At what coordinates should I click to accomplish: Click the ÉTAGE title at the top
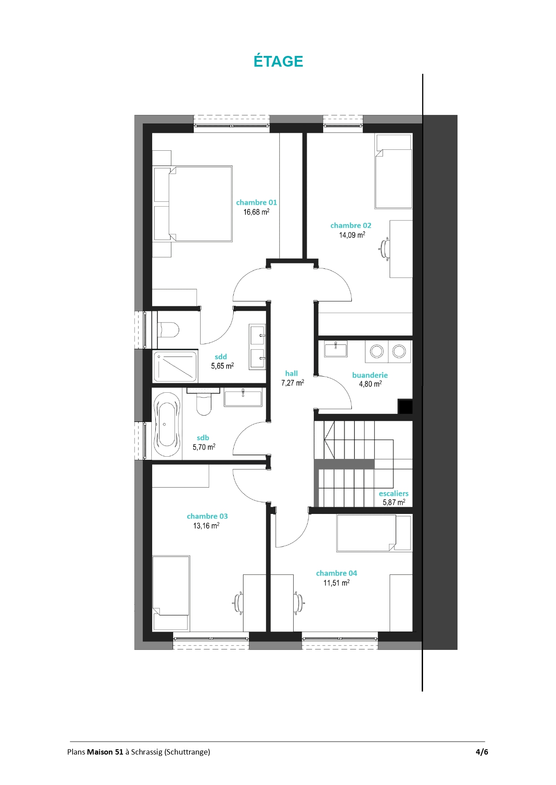[x=278, y=61]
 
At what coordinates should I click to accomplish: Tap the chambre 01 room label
[x=257, y=203]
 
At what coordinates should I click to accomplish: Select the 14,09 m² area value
[x=352, y=235]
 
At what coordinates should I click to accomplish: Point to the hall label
[x=291, y=373]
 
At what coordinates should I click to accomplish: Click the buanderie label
[x=370, y=375]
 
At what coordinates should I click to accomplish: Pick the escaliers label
[x=393, y=494]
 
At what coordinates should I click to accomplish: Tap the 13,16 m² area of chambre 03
[x=206, y=526]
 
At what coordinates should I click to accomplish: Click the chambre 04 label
[x=337, y=573]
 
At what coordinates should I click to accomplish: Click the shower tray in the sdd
[x=175, y=367]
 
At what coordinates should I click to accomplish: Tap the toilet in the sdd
[x=168, y=330]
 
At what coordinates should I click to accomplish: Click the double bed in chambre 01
[x=192, y=204]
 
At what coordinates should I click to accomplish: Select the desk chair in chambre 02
[x=384, y=248]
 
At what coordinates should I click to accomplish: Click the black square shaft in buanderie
[x=406, y=407]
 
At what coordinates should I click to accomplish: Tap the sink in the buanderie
[x=336, y=348]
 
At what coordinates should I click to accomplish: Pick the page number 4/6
[x=482, y=752]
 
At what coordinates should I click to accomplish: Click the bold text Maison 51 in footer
[x=105, y=752]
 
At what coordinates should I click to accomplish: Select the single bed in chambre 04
[x=374, y=533]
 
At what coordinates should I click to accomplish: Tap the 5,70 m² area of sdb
[x=204, y=447]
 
